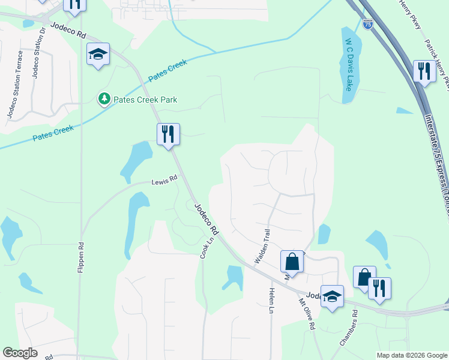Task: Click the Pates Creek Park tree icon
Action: point(104,98)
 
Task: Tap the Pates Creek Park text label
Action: point(147,99)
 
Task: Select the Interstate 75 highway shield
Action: point(367,24)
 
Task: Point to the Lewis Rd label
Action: point(164,179)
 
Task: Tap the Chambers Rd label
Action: point(349,328)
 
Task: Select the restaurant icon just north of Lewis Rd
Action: point(168,133)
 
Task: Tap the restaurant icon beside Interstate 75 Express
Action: point(424,71)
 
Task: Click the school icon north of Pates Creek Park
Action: point(97,55)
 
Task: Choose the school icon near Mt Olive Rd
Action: point(332,296)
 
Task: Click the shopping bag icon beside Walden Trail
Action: point(292,262)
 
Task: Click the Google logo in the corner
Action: point(20,353)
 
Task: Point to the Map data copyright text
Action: point(412,355)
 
